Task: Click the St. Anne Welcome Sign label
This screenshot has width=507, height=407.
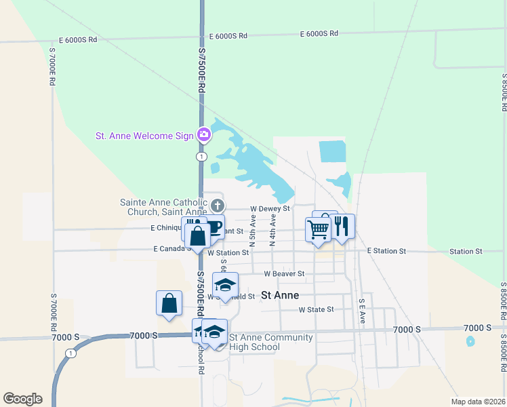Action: pyautogui.click(x=144, y=136)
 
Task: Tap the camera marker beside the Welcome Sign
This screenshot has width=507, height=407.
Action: pyautogui.click(x=203, y=135)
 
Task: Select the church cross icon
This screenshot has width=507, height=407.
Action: pyautogui.click(x=217, y=205)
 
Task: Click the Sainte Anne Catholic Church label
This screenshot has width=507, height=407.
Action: pyautogui.click(x=163, y=207)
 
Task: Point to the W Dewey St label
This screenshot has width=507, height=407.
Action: pyautogui.click(x=270, y=209)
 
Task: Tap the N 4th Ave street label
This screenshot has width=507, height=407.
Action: pyautogui.click(x=272, y=229)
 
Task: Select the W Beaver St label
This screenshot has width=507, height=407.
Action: pyautogui.click(x=284, y=274)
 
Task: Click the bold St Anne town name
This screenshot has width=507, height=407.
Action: pyautogui.click(x=280, y=295)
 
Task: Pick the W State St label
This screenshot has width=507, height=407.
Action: pyautogui.click(x=317, y=309)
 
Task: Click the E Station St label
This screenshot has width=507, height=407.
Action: pyautogui.click(x=386, y=251)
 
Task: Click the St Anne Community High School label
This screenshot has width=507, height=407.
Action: pyautogui.click(x=271, y=343)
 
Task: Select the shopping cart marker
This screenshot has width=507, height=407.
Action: pyautogui.click(x=318, y=229)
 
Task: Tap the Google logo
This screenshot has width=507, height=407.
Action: pyautogui.click(x=22, y=399)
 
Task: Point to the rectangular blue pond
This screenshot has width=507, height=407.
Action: pyautogui.click(x=332, y=151)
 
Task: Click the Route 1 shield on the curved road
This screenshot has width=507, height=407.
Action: pyautogui.click(x=70, y=353)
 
